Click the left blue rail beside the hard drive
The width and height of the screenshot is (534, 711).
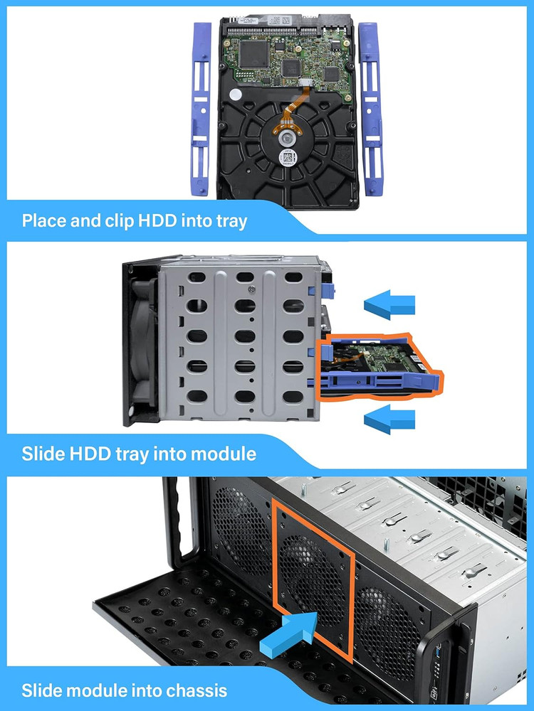coord(200,107)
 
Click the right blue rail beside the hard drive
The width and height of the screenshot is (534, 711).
coord(370,107)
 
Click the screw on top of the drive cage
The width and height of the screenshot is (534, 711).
coord(251,289)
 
